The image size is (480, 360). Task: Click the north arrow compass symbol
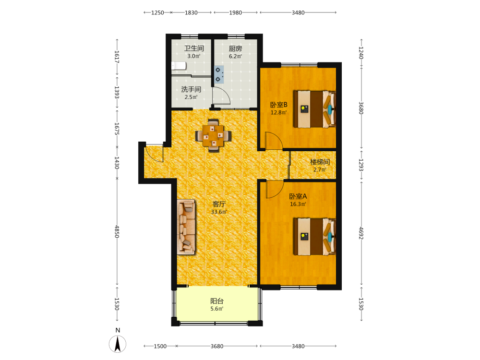pos(118,344)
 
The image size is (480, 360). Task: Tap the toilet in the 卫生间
pos(179,66)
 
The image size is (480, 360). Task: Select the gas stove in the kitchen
pos(219,74)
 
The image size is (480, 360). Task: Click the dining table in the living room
pos(214,135)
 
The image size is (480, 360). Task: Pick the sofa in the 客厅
pos(186,227)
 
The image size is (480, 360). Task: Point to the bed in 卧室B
pos(314,108)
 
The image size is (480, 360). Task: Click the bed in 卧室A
pos(314,236)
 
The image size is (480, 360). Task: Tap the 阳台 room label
pos(217,301)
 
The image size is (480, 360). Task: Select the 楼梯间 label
pos(320,162)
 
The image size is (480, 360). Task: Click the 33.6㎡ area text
pos(219,212)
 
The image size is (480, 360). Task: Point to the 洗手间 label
pos(191,89)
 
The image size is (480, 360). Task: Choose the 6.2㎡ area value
pos(235,56)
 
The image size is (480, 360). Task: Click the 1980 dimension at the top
pos(235,12)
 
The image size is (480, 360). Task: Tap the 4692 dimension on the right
pos(361,233)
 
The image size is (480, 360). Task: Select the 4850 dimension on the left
pos(117,232)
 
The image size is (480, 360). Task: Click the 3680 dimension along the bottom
pos(217,346)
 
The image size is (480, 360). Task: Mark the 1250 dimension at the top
pos(157,12)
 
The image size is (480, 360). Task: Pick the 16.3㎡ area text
pos(298,204)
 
